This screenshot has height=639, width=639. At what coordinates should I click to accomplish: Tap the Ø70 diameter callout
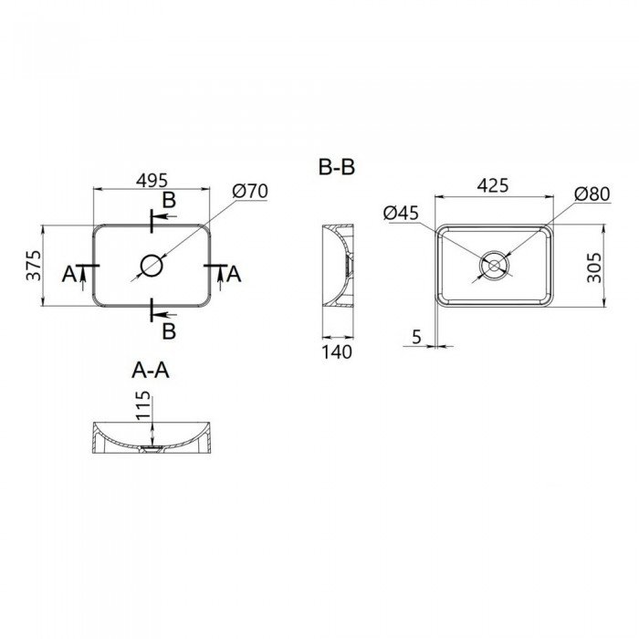pyautogui.click(x=249, y=192)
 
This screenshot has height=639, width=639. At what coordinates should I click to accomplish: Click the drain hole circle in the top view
pyautogui.click(x=152, y=267)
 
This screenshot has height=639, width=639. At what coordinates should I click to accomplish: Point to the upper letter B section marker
pyautogui.click(x=169, y=200)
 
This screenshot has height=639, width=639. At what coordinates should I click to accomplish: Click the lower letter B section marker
pyautogui.click(x=169, y=328)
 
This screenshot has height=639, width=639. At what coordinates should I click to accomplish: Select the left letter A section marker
pyautogui.click(x=69, y=273)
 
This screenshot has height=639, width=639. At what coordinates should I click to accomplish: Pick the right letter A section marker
pyautogui.click(x=234, y=273)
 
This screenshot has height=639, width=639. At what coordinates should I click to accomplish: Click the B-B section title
pyautogui.click(x=336, y=168)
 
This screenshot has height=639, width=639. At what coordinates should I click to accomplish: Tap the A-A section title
pyautogui.click(x=152, y=370)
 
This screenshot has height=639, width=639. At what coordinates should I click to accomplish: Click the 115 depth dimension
pyautogui.click(x=142, y=406)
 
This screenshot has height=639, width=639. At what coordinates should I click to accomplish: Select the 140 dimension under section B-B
pyautogui.click(x=337, y=352)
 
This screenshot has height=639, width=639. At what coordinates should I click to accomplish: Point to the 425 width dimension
pyautogui.click(x=493, y=185)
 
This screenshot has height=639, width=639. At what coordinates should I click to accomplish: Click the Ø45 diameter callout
pyautogui.click(x=402, y=213)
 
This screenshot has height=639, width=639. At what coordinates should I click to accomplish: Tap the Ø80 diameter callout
pyautogui.click(x=592, y=194)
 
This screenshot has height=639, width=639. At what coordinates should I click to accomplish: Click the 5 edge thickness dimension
pyautogui.click(x=416, y=337)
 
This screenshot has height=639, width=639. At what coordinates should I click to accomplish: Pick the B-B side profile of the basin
pyautogui.click(x=335, y=267)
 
